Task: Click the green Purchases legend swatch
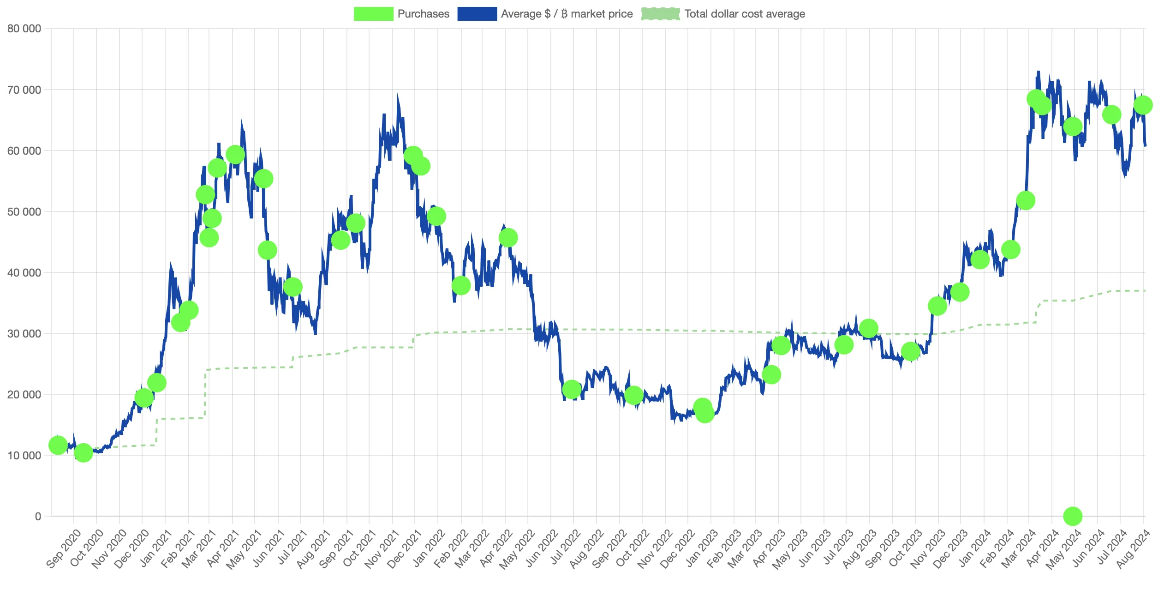pyautogui.click(x=373, y=14)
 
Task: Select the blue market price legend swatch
pyautogui.click(x=477, y=14)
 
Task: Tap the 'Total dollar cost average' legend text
pyautogui.click(x=744, y=14)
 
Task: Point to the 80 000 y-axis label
pyautogui.click(x=24, y=29)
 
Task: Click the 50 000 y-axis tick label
pyautogui.click(x=24, y=212)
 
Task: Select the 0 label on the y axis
pyautogui.click(x=38, y=517)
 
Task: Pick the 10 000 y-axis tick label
pyautogui.click(x=24, y=456)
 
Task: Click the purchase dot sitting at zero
pyautogui.click(x=1073, y=516)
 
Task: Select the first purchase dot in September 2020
pyautogui.click(x=58, y=446)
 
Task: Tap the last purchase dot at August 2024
pyautogui.click(x=1143, y=105)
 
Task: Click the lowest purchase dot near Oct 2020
pyautogui.click(x=84, y=453)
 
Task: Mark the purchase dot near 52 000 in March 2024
pyautogui.click(x=1026, y=200)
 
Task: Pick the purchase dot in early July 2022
pyautogui.click(x=572, y=390)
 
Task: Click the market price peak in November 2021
pyautogui.click(x=398, y=95)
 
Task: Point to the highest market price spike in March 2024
pyautogui.click(x=1039, y=72)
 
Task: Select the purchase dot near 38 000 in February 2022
pyautogui.click(x=461, y=285)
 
